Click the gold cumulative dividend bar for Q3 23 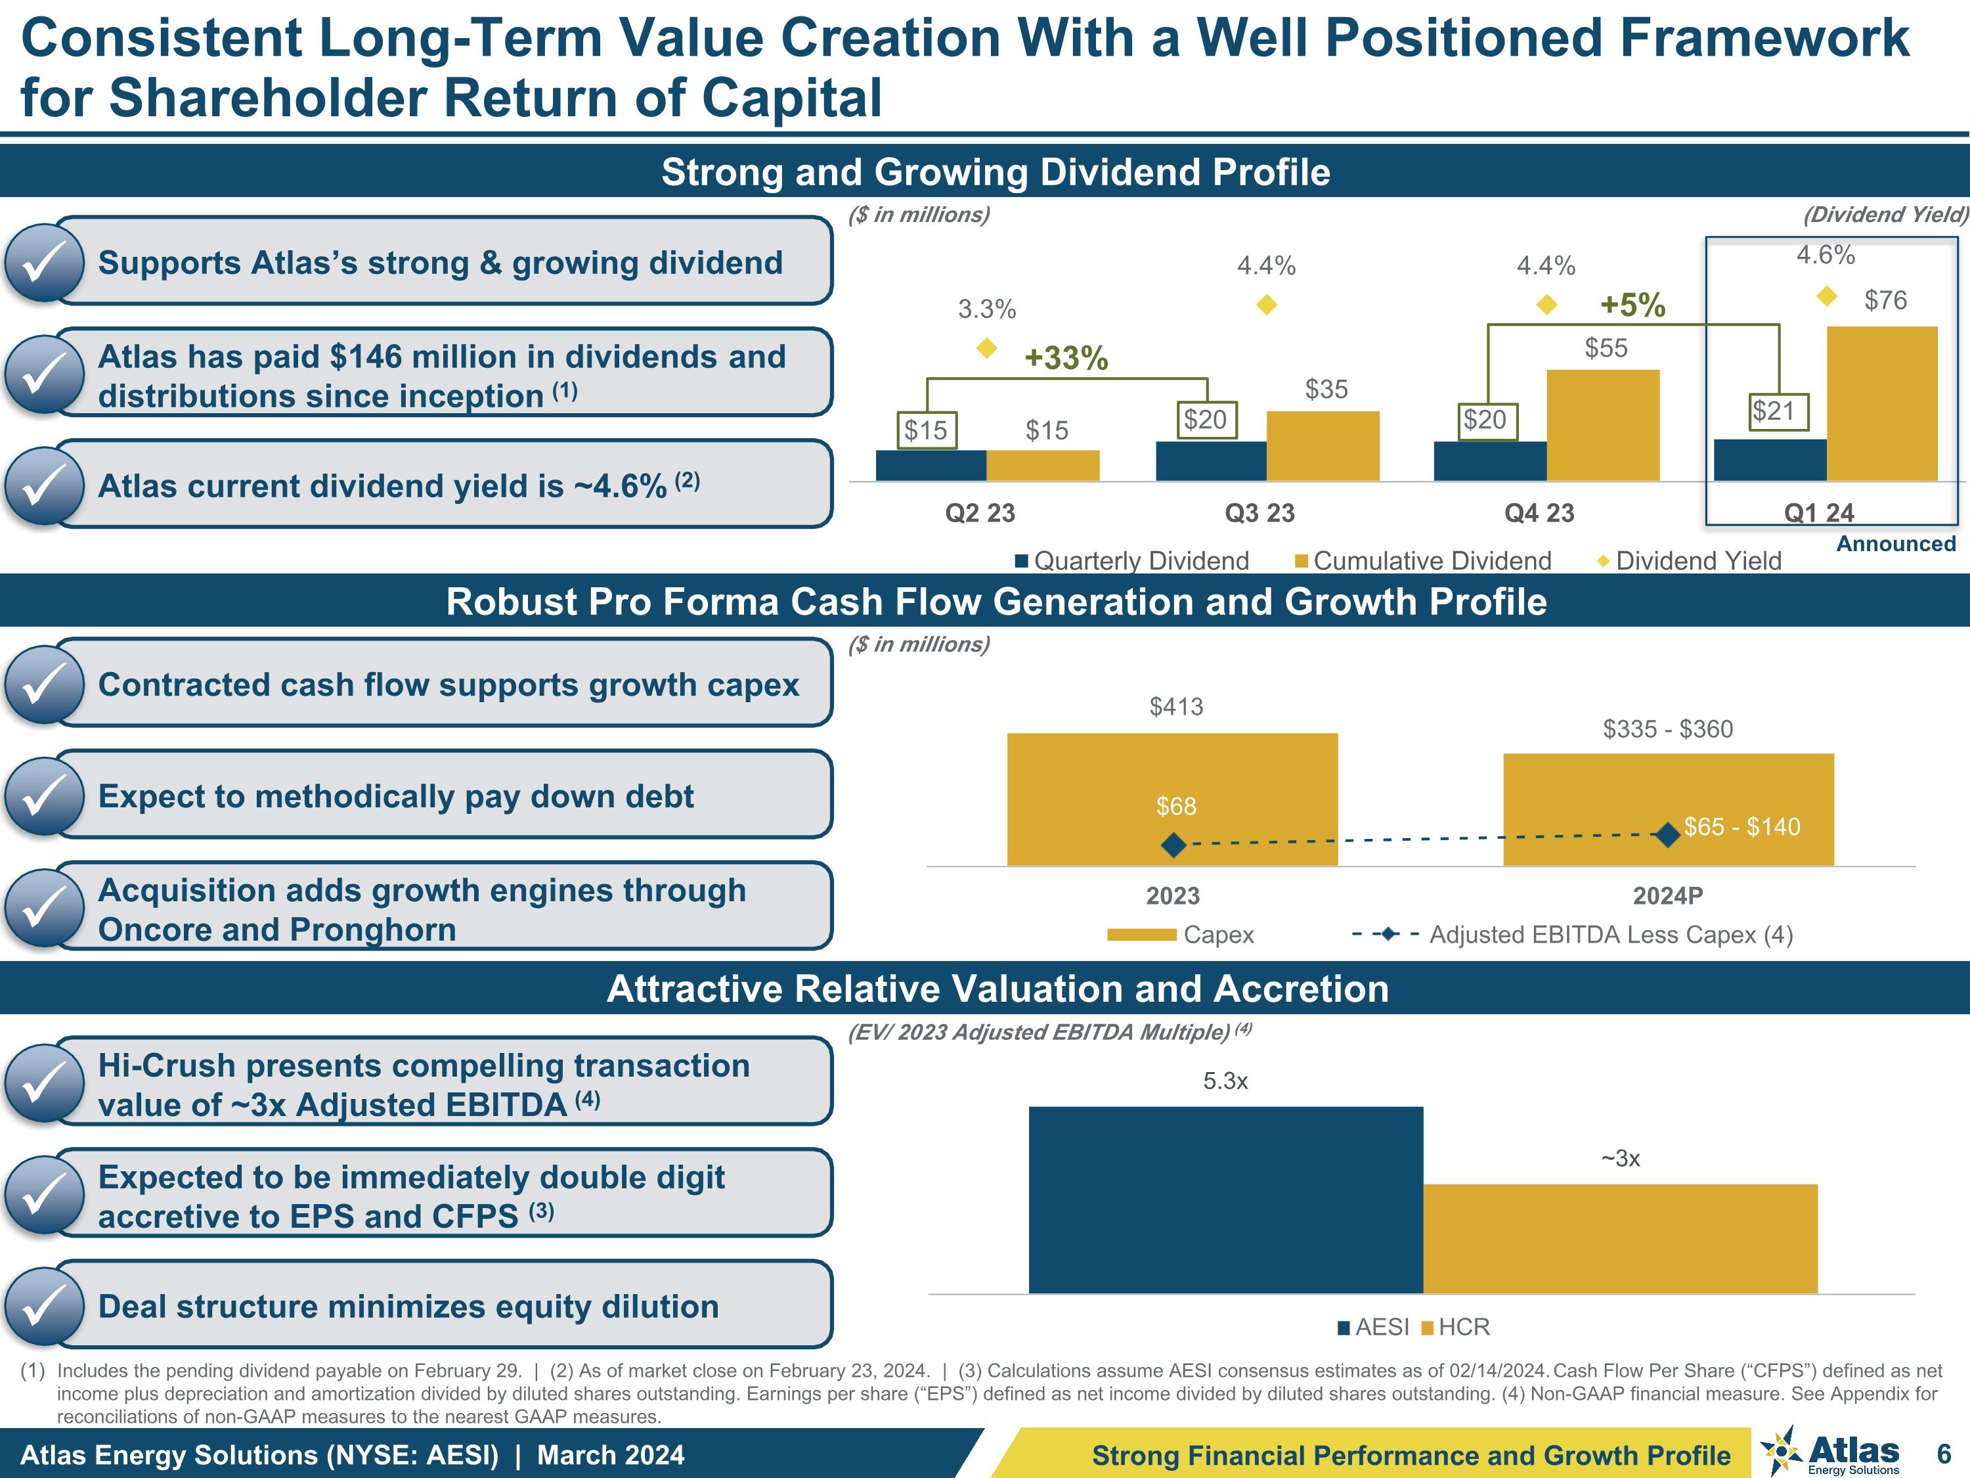pyautogui.click(x=1323, y=445)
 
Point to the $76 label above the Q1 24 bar pyautogui.click(x=1885, y=300)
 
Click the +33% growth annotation pyautogui.click(x=1066, y=358)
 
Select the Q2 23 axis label pyautogui.click(x=980, y=513)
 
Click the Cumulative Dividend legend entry pyautogui.click(x=1422, y=560)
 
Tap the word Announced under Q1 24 pyautogui.click(x=1896, y=543)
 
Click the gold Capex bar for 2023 pyautogui.click(x=1172, y=799)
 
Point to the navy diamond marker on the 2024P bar pyautogui.click(x=1667, y=835)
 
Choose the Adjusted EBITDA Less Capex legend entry pyautogui.click(x=1573, y=935)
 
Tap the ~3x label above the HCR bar pyautogui.click(x=1620, y=1158)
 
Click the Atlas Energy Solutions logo pyautogui.click(x=1830, y=1452)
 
